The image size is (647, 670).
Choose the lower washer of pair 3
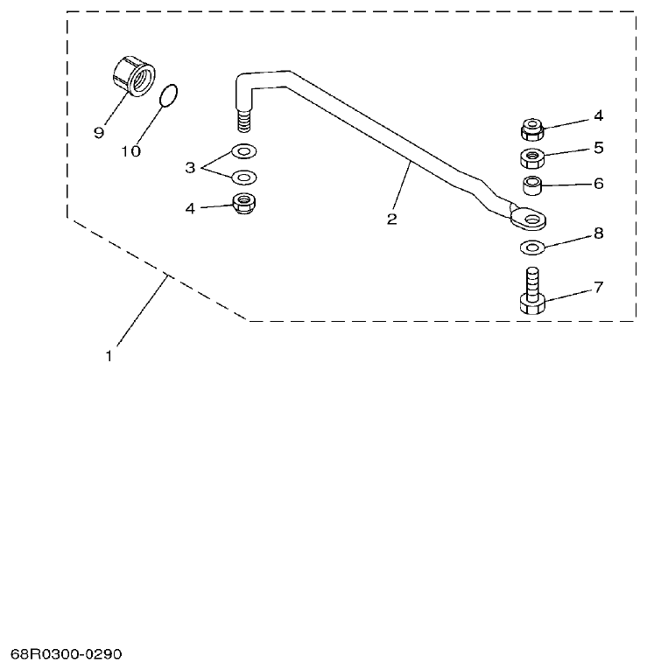click(x=244, y=177)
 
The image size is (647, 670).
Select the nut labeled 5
click(x=531, y=158)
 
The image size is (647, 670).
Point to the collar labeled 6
click(x=531, y=185)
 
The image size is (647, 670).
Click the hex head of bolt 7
click(x=532, y=304)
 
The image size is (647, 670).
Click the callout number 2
click(x=391, y=220)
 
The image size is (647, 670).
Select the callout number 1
click(x=109, y=356)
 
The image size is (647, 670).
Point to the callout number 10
click(x=130, y=151)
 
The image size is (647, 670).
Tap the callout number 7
click(x=598, y=287)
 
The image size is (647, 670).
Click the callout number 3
click(x=189, y=166)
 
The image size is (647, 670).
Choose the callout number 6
click(x=598, y=184)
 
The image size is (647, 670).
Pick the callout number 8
click(x=598, y=234)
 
